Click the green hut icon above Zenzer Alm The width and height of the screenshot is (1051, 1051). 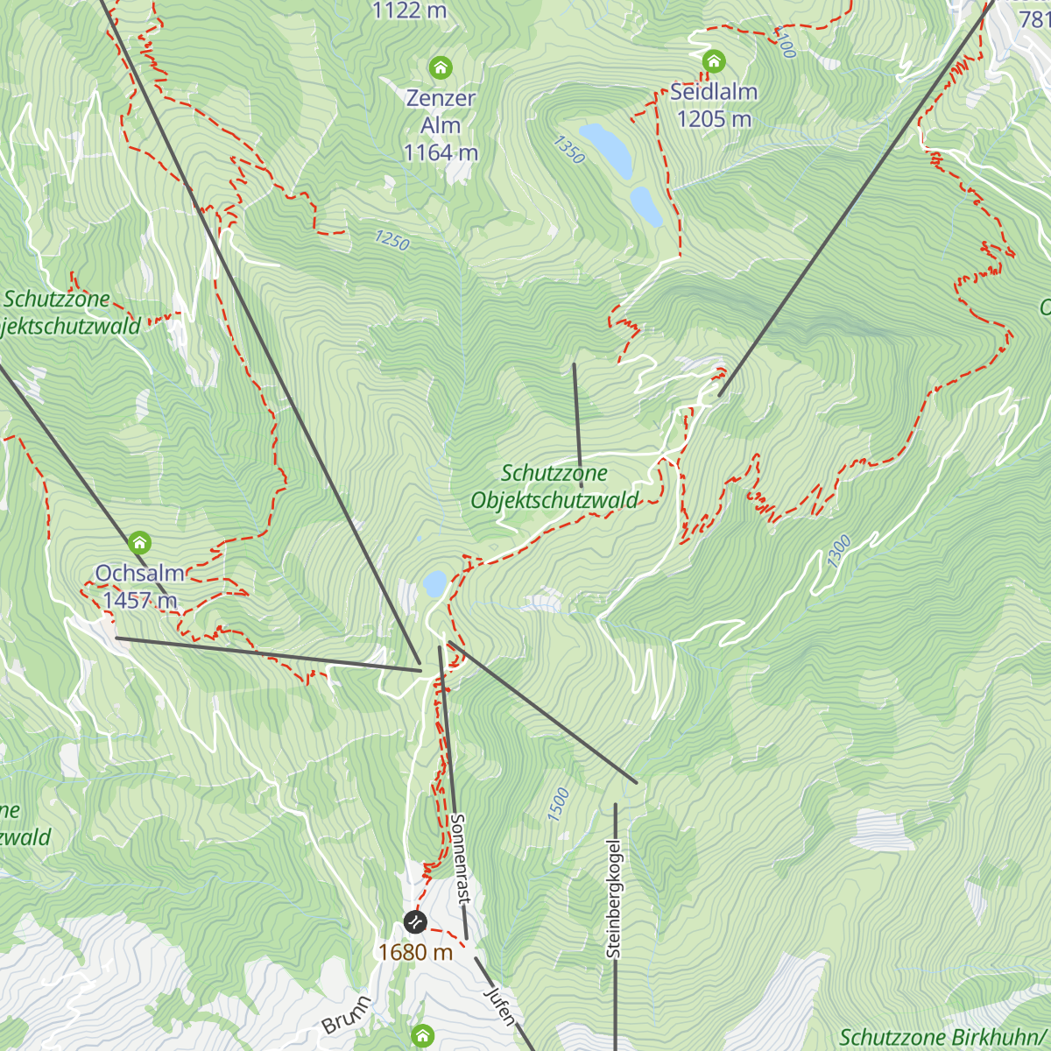[x=441, y=67]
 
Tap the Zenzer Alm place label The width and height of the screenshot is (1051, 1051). [x=441, y=125]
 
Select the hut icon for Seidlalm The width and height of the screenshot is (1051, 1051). [x=714, y=61]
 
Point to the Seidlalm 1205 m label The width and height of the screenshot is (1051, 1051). [x=714, y=105]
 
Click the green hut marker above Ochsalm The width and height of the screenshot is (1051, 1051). [x=139, y=542]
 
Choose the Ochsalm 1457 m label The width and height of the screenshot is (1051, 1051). [x=140, y=587]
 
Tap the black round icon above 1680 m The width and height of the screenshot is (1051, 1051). [x=414, y=921]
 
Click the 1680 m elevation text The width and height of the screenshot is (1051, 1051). [x=415, y=952]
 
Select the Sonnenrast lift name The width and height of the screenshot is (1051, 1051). [x=460, y=858]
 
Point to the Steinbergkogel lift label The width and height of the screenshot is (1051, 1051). [x=613, y=899]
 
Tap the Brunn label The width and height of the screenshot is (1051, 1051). [x=346, y=1014]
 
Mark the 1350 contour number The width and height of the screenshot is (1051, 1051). [x=568, y=150]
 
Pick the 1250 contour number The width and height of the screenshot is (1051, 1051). [x=391, y=240]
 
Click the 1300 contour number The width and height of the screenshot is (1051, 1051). [x=838, y=552]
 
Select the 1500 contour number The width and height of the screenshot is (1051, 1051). [x=558, y=804]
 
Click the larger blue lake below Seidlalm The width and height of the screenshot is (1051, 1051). [x=606, y=150]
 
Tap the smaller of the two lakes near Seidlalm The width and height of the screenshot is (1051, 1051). [x=646, y=206]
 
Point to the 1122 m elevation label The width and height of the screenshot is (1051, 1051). [x=409, y=11]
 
